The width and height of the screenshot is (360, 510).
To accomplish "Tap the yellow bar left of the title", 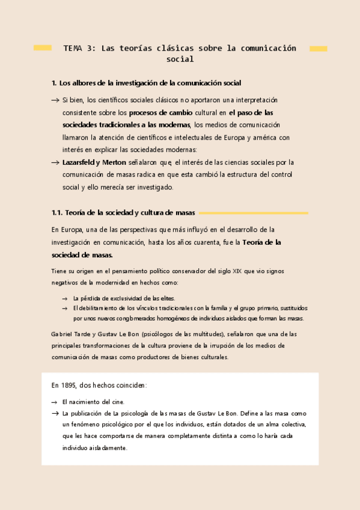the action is (x=42, y=48).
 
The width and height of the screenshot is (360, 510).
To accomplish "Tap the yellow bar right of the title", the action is (x=318, y=49).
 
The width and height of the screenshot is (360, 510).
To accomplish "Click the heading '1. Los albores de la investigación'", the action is (x=147, y=83).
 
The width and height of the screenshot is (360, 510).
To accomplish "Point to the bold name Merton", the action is (x=114, y=162).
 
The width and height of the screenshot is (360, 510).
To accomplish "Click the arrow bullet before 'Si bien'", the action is (x=55, y=100).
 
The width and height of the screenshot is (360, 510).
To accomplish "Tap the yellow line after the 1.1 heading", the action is (x=253, y=213).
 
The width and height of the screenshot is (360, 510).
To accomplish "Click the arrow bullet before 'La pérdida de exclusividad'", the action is (x=64, y=298).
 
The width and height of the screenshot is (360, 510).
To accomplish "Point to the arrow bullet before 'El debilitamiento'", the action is (x=64, y=309).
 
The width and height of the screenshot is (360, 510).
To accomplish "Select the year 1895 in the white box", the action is (x=67, y=385).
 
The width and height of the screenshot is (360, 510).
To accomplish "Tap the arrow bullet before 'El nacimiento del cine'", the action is (x=55, y=402).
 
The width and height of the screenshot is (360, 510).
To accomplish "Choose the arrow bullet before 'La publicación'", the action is (x=55, y=414).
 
